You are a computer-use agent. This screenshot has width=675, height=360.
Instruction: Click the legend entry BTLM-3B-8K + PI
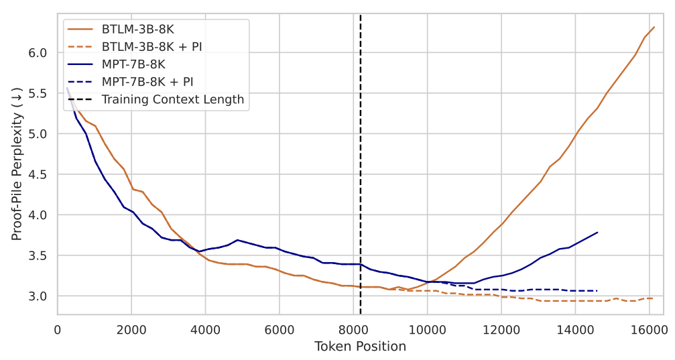[x=151, y=46]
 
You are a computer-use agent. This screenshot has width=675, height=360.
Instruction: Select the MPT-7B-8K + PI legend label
[x=147, y=81]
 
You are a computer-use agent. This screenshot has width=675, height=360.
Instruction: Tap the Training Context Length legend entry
[x=173, y=99]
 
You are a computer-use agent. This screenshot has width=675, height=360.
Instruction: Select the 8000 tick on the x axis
[x=353, y=330]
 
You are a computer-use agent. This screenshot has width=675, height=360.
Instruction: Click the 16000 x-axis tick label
[x=650, y=330]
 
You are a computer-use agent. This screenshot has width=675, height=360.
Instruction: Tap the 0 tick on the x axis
[x=57, y=330]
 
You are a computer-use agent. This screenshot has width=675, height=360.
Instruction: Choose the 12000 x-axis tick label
[x=501, y=330]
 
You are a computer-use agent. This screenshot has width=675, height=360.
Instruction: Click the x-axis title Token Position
[x=360, y=346]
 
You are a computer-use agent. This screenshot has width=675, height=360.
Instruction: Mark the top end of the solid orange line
[x=654, y=27]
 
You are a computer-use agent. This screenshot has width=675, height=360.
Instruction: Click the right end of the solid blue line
[x=597, y=233]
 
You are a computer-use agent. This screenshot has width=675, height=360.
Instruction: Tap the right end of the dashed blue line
[x=597, y=291]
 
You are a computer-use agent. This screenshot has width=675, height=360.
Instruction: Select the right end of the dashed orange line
[x=654, y=298]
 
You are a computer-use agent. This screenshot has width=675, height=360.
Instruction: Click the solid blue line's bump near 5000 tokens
[x=238, y=240]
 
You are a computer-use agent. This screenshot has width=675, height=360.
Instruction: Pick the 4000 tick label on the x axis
[x=205, y=330]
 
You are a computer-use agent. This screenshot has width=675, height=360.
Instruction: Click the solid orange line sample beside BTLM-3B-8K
[x=80, y=29]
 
